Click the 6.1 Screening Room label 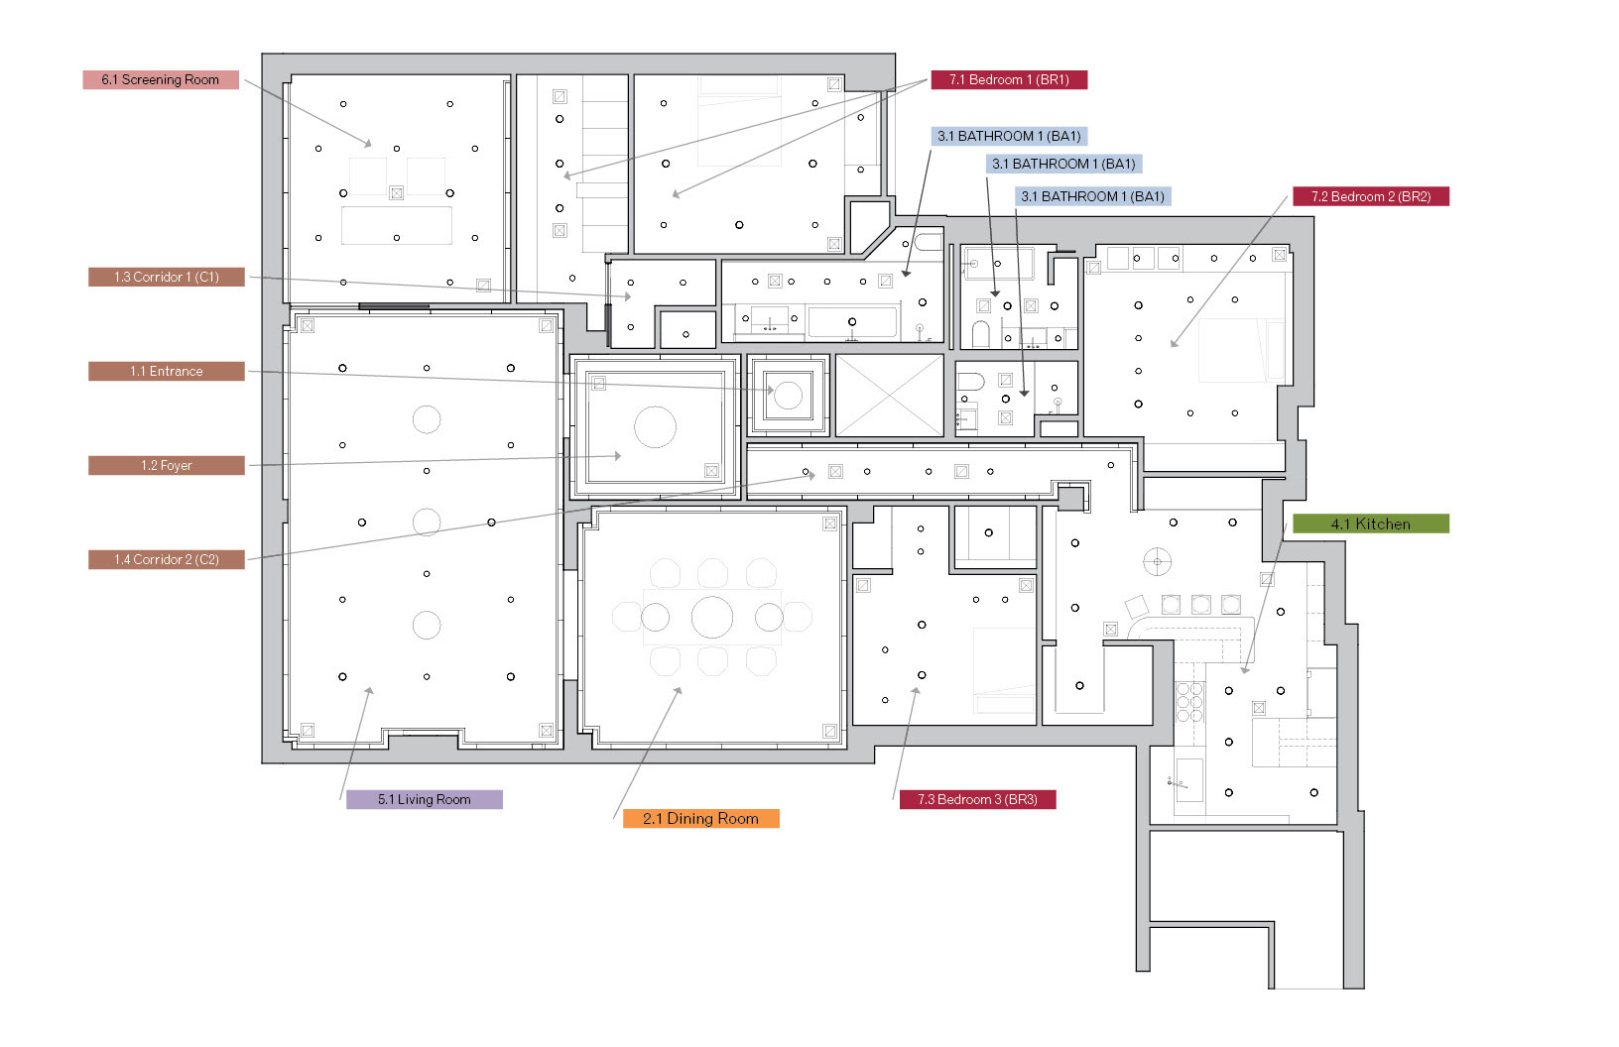(x=161, y=80)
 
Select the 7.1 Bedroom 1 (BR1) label (x=1009, y=80)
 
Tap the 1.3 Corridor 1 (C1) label (x=167, y=278)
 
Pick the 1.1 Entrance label (x=167, y=372)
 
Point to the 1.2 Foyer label (x=167, y=466)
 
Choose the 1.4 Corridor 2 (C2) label (x=167, y=560)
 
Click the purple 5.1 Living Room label (x=425, y=800)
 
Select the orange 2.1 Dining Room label (x=701, y=819)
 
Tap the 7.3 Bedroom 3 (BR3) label (x=978, y=800)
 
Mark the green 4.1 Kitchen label (x=1371, y=524)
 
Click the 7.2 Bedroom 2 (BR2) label (x=1371, y=197)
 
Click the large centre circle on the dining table (x=712, y=618)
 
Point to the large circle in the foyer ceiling (x=655, y=427)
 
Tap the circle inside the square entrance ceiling (x=789, y=396)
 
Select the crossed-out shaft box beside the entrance (x=890, y=396)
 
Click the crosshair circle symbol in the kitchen (x=1157, y=562)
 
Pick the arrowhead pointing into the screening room (x=368, y=145)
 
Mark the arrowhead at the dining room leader (x=680, y=691)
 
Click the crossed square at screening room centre (x=397, y=193)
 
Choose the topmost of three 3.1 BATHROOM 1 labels (x=1010, y=137)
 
